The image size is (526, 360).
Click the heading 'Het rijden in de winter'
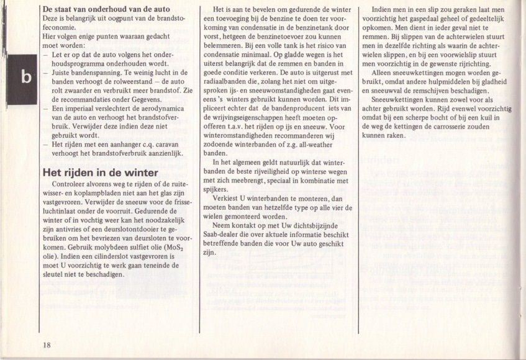point(99,173)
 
